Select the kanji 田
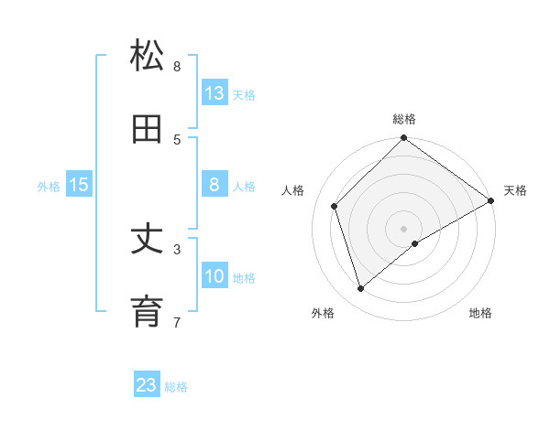pyautogui.click(x=147, y=130)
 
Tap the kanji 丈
pyautogui.click(x=147, y=240)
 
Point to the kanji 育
pyautogui.click(x=147, y=313)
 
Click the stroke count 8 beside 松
pyautogui.click(x=177, y=67)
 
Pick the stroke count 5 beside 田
pyautogui.click(x=177, y=140)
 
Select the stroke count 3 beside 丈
pyautogui.click(x=177, y=249)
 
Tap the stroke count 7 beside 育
pyautogui.click(x=177, y=322)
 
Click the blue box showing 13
pyautogui.click(x=214, y=93)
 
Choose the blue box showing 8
pyautogui.click(x=214, y=185)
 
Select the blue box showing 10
pyautogui.click(x=214, y=276)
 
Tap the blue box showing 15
pyautogui.click(x=79, y=185)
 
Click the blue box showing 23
pyautogui.click(x=147, y=385)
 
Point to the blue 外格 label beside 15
pyautogui.click(x=49, y=187)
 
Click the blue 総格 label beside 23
pyautogui.click(x=176, y=387)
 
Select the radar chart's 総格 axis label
pyautogui.click(x=403, y=119)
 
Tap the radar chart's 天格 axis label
pyautogui.click(x=515, y=190)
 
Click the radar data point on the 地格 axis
pyautogui.click(x=415, y=243)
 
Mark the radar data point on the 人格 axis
pyautogui.click(x=335, y=206)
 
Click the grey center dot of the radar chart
pyautogui.click(x=403, y=228)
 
